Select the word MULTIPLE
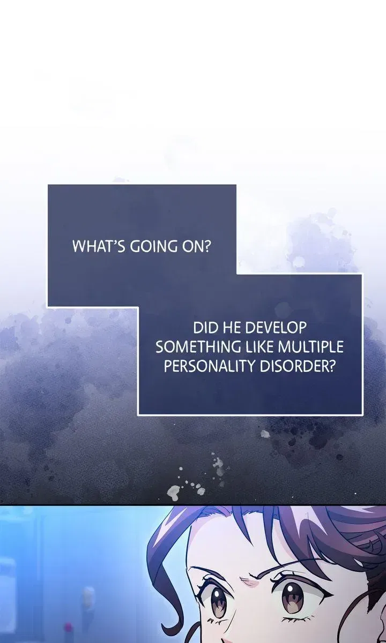coord(311,347)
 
